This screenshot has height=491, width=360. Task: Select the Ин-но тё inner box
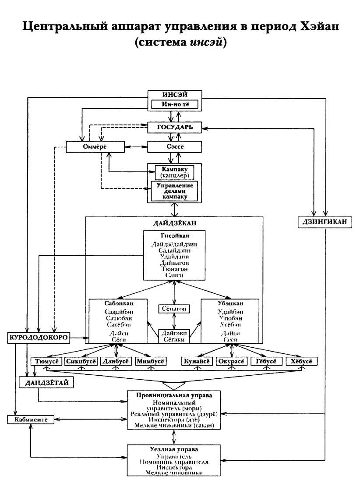tap(175, 105)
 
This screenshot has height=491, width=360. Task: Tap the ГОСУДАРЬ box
tap(175, 127)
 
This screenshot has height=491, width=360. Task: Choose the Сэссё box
tap(175, 147)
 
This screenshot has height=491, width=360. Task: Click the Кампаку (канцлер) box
tap(175, 172)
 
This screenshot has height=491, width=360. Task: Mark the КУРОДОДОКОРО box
tap(38, 338)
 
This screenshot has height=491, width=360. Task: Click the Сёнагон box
tap(175, 309)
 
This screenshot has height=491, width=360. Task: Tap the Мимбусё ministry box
tap(151, 362)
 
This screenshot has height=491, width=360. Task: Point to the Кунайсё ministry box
tap(198, 362)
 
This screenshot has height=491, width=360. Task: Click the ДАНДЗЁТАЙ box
tap(46, 383)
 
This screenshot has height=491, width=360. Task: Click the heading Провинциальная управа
tap(174, 395)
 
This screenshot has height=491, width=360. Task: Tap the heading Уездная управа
tap(174, 450)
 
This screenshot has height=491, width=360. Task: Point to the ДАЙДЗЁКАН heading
tap(174, 223)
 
